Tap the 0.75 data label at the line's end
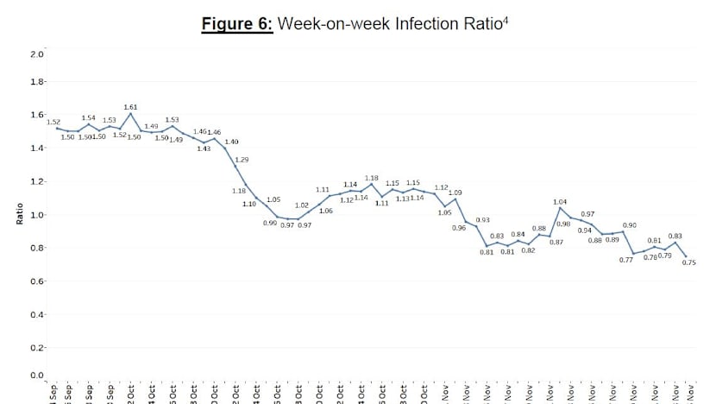click(688, 262)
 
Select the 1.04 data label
click(560, 201)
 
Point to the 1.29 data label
click(242, 160)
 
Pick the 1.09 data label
click(455, 192)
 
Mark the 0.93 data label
click(482, 220)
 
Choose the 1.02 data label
click(302, 205)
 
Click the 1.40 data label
click(231, 141)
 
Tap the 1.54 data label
click(88, 117)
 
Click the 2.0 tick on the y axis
click(36, 54)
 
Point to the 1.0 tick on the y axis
click(36, 215)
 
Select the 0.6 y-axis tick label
click(36, 281)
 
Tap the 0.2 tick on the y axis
click(36, 348)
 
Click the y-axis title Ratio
click(19, 215)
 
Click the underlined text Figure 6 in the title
click(237, 24)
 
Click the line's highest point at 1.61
click(130, 113)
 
